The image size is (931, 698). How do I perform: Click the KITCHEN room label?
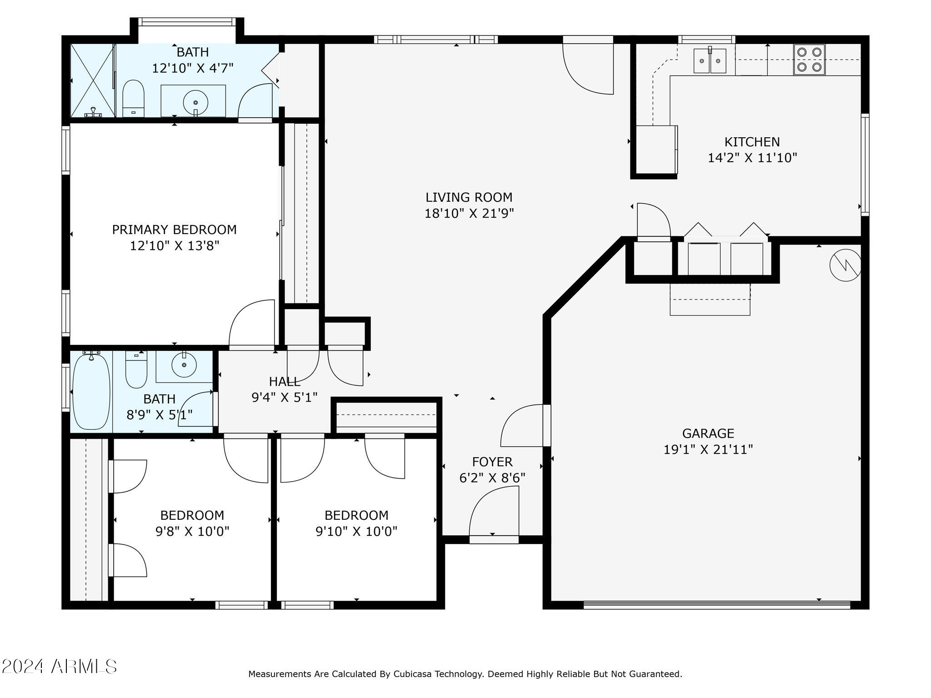[752, 142]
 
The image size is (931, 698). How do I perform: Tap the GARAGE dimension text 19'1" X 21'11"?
[708, 449]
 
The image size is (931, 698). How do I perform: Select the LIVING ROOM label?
[469, 197]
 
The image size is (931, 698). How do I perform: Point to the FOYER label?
[492, 462]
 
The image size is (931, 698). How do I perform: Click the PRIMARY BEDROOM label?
[175, 229]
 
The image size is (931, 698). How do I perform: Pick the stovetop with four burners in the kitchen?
[809, 60]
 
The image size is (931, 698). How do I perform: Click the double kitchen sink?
[710, 61]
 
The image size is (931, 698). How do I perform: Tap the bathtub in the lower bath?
[91, 391]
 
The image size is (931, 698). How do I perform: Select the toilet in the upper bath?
[133, 98]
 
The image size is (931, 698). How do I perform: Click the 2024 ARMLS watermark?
[59, 667]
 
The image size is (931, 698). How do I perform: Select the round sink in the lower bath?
[184, 365]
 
